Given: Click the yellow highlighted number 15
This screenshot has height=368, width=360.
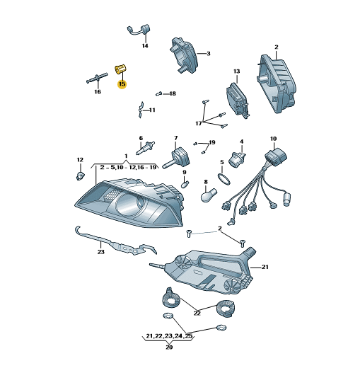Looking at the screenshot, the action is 122,84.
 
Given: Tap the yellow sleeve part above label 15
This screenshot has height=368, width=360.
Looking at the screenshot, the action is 120,69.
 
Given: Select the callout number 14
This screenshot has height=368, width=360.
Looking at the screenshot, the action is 145,45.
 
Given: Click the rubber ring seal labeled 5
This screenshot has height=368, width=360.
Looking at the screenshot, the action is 223,179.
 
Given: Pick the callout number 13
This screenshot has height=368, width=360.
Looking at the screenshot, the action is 236,71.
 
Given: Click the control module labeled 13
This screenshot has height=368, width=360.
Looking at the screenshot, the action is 238,100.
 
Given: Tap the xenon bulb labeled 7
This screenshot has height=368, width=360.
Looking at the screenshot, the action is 176,158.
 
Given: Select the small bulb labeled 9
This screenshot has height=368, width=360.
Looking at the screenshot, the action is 185,183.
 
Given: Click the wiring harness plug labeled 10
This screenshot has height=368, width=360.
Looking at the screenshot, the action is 276,156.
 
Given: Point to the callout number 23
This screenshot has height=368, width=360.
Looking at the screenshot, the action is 101,252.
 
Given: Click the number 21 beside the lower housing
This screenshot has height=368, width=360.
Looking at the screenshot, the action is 265,267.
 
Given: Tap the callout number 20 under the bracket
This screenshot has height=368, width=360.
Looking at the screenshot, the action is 169,347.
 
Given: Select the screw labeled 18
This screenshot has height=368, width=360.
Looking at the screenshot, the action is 159,93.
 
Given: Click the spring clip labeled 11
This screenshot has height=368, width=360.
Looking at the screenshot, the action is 141,110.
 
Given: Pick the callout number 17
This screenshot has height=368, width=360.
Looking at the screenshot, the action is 199,123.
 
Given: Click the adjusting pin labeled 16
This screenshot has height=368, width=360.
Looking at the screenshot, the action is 97,79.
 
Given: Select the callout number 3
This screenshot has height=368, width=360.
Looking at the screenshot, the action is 209,54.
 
